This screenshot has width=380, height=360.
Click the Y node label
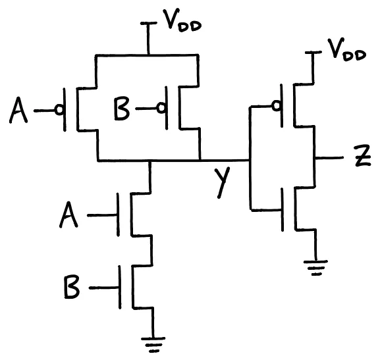[x=224, y=181]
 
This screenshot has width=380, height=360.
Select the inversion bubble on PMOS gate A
[x=59, y=111]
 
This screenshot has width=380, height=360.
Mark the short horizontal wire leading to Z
[x=329, y=159]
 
